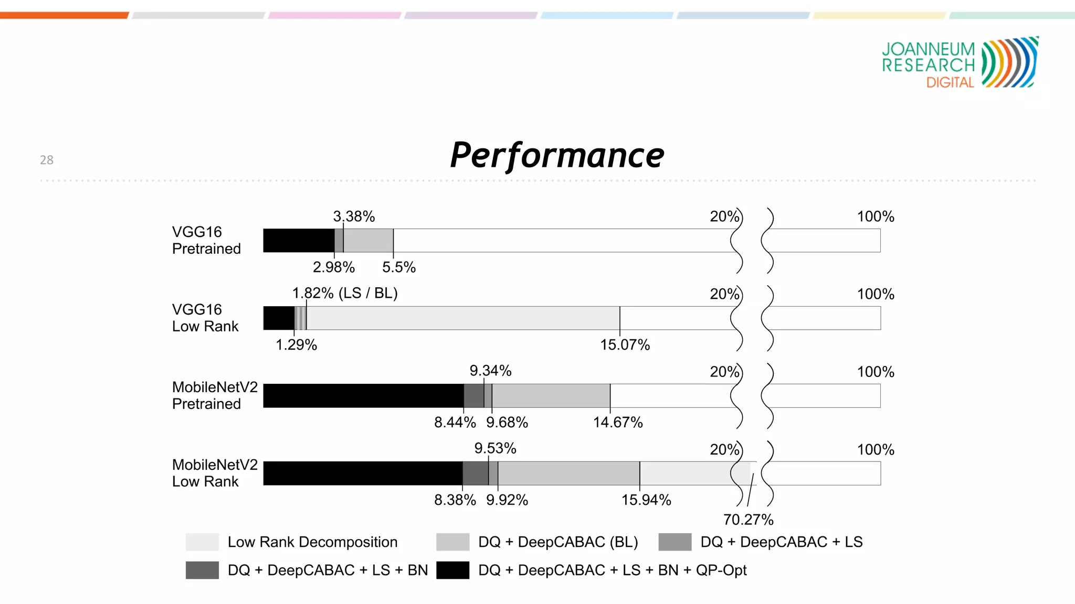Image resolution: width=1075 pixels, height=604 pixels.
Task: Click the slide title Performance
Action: pyautogui.click(x=557, y=156)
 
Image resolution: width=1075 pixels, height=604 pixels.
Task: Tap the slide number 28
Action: pyautogui.click(x=47, y=160)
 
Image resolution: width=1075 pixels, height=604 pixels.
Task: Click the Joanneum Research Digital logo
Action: pyautogui.click(x=960, y=63)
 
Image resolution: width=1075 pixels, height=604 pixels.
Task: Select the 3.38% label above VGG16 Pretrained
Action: pyautogui.click(x=354, y=217)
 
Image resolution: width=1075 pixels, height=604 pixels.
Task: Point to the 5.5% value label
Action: pyautogui.click(x=398, y=267)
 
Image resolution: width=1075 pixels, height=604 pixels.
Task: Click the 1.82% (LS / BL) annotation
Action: pyautogui.click(x=345, y=293)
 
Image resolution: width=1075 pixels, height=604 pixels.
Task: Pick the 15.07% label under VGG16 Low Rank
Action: pyautogui.click(x=625, y=345)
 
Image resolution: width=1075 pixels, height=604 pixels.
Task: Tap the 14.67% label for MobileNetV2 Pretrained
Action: pyautogui.click(x=618, y=423)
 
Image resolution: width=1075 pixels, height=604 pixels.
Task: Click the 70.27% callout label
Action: pyautogui.click(x=748, y=520)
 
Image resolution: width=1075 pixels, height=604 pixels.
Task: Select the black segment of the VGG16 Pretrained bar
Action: pyautogui.click(x=298, y=241)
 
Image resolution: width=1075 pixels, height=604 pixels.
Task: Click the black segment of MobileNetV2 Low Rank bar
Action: pyautogui.click(x=362, y=473)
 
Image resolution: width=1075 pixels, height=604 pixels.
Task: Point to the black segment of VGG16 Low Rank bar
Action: pyautogui.click(x=279, y=318)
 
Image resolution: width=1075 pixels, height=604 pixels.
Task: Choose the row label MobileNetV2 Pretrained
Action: pyautogui.click(x=215, y=395)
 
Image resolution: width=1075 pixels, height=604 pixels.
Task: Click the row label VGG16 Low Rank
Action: pyautogui.click(x=205, y=318)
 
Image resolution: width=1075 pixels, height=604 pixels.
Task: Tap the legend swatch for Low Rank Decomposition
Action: pyautogui.click(x=202, y=542)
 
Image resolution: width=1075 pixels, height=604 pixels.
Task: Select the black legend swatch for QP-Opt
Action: pyautogui.click(x=452, y=570)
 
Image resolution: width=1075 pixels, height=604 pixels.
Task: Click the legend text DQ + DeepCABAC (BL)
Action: pyautogui.click(x=558, y=542)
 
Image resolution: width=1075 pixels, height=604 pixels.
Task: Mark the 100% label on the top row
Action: pyautogui.click(x=875, y=217)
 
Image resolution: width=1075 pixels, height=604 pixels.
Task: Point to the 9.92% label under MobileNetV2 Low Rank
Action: pyautogui.click(x=507, y=500)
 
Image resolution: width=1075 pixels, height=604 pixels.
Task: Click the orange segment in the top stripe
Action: pyautogui.click(x=64, y=15)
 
